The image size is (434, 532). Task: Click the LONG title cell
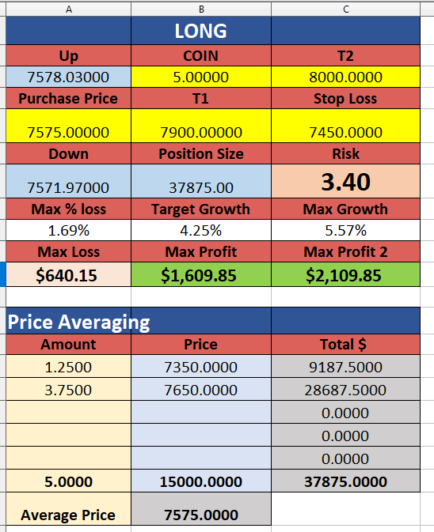pos(201,31)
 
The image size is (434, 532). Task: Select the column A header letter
pos(69,9)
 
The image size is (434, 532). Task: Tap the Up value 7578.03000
pos(68,77)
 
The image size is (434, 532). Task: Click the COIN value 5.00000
pos(201,77)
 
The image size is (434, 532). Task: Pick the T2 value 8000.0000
pos(345,77)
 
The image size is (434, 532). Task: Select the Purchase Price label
pos(68,98)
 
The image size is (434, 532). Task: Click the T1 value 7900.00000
pos(201,132)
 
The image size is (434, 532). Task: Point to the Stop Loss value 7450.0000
pos(345,132)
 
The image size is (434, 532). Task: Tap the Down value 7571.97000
pos(68,187)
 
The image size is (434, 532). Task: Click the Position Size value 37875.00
pos(201,187)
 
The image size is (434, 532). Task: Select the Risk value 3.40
pos(345,182)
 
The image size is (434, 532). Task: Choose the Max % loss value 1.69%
pos(68,230)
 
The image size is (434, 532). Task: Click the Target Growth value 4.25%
pos(201,230)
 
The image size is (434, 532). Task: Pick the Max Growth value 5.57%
pos(345,230)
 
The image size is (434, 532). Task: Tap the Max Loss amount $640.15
pos(67,275)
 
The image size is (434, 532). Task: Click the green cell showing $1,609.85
pos(201,274)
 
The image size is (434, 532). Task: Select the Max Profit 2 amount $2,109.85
pos(343,275)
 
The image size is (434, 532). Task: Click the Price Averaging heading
pos(78,322)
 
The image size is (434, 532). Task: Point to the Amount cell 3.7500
pos(68,390)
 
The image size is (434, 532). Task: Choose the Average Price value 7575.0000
pos(201,515)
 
